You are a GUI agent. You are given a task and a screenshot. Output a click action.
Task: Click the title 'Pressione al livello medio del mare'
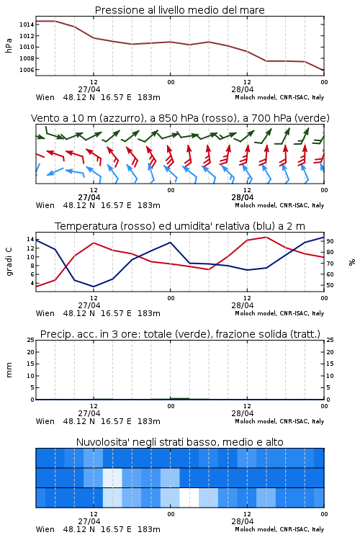179,10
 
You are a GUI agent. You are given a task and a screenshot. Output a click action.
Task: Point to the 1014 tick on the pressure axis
27,24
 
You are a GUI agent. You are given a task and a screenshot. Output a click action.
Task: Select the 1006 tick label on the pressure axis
27,70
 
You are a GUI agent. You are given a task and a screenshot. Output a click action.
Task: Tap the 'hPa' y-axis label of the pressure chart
9,45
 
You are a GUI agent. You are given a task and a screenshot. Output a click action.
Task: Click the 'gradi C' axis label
9,261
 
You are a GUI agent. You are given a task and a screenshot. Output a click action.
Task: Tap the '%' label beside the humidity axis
352,262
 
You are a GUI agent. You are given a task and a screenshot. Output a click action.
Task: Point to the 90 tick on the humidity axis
330,241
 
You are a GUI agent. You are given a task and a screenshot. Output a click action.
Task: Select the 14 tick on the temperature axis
30,239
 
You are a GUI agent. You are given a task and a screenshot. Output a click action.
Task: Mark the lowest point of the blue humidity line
94,287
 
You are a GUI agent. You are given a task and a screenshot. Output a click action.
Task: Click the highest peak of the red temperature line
266,237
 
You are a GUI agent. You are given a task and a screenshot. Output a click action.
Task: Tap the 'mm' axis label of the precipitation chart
9,370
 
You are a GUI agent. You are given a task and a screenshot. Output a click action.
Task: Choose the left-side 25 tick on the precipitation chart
30,340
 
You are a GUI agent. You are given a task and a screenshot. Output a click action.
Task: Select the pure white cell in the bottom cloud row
189,498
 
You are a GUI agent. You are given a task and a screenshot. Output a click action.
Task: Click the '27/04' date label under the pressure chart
89,89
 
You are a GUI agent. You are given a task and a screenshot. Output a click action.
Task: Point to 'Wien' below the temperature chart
45,313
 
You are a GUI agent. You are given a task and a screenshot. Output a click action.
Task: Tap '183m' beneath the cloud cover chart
149,529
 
